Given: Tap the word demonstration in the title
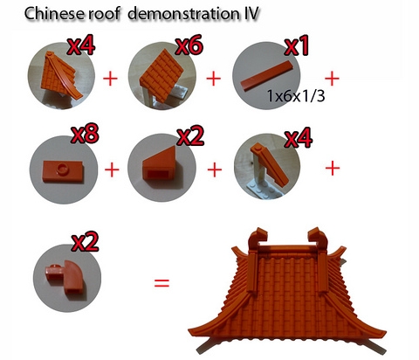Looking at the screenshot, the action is [183, 13].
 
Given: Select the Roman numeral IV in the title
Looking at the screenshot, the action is [250, 13].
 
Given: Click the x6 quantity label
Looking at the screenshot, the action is [189, 45].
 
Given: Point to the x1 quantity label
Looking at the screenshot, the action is [296, 45].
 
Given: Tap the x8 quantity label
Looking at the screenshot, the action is [86, 134].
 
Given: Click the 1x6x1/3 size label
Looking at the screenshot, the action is [296, 96].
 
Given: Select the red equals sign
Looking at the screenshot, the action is [161, 282].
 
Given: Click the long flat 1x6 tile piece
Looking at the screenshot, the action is [267, 76].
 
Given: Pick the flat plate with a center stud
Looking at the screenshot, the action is [63, 171].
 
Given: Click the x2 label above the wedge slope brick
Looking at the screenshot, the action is [191, 136].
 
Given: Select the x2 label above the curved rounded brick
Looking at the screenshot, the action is [86, 242].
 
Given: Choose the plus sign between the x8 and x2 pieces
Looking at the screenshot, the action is [112, 170].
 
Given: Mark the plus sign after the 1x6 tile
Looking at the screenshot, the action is [332, 79].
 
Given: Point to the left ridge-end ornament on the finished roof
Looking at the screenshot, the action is [258, 238].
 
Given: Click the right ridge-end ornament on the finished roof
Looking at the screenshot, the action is [319, 238].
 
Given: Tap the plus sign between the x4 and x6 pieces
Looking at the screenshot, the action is [110, 79].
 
